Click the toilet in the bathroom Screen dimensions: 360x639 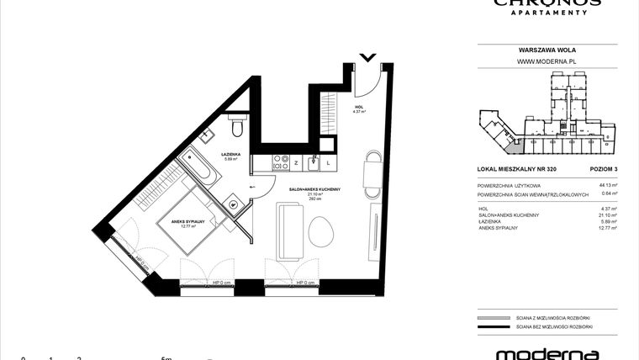[x=237, y=126]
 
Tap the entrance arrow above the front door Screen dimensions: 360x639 [x=367, y=58]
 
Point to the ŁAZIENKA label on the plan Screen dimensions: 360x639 [x=232, y=155]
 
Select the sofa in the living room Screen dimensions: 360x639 [x=290, y=225]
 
